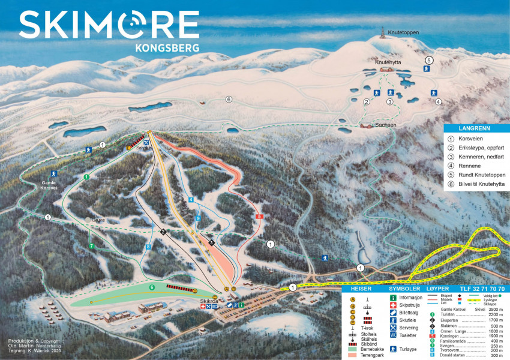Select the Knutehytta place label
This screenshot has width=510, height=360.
388,62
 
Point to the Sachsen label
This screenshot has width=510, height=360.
385,124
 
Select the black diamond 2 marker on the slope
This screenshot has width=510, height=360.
163,232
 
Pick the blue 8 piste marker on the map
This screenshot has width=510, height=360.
148,247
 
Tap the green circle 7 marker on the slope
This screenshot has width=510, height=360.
91,246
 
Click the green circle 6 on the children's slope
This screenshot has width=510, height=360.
152,287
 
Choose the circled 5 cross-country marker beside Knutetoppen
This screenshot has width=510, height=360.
429,60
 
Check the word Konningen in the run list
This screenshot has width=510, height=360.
449,336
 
